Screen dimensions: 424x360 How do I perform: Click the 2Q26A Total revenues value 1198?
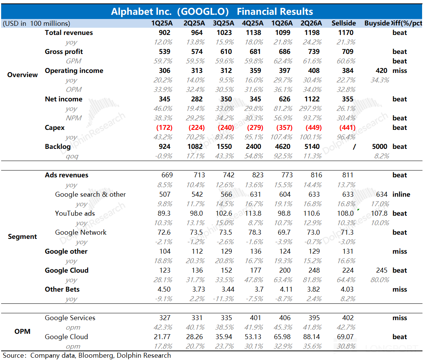312,33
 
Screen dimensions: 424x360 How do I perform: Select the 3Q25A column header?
223,23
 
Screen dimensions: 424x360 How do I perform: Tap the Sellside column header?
344,23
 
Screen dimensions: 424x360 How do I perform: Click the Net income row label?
63,99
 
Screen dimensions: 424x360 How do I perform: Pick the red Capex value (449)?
314,128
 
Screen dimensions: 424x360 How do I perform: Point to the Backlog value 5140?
312,147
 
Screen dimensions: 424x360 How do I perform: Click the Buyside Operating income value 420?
381,71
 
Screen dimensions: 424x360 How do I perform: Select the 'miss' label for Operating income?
400,71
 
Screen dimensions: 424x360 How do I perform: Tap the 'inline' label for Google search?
401,194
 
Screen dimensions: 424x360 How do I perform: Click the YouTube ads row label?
75,213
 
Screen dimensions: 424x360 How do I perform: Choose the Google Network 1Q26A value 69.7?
284,232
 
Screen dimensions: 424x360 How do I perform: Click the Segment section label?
22,237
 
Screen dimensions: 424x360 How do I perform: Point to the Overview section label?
22,75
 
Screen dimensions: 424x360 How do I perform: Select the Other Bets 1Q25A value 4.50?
164,289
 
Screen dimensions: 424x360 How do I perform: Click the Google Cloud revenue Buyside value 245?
381,270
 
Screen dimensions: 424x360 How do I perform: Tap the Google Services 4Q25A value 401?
255,318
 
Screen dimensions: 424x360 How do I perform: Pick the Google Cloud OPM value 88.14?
312,337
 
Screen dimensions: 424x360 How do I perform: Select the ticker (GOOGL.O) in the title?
203,12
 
